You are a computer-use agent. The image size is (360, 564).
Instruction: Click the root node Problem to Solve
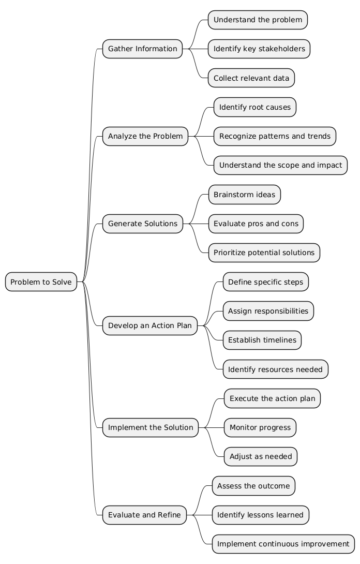coord(41,282)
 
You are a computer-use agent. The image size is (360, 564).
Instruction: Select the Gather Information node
coord(142,49)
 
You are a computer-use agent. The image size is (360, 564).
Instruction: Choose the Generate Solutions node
coord(142,224)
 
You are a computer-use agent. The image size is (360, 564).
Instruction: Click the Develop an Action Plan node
coord(150,325)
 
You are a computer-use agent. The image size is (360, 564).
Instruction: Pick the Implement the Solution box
coord(151,427)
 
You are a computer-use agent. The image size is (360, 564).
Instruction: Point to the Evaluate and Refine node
coord(144,515)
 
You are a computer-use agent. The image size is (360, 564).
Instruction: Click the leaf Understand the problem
coord(258,20)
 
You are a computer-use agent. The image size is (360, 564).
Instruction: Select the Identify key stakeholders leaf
coord(259,49)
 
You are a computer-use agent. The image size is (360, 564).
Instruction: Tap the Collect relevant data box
coord(251,78)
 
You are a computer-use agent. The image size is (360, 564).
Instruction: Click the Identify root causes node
coord(254,107)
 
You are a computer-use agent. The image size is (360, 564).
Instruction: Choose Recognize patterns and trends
coord(275,137)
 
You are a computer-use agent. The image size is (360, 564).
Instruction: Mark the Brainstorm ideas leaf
coord(244,195)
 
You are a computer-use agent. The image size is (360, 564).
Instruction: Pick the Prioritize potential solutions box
coord(264,253)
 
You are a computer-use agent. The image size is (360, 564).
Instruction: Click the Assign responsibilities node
coord(268,311)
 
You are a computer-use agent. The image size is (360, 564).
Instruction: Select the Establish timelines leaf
coord(262,340)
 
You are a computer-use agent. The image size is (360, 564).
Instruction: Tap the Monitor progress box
coord(260,427)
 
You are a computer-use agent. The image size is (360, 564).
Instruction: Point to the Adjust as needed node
coord(260,456)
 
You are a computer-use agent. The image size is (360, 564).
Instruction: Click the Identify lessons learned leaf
coord(260,515)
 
